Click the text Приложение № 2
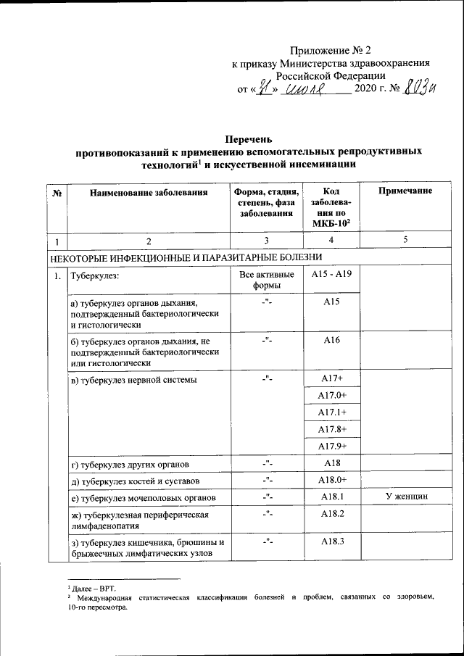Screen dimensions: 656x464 (330, 51)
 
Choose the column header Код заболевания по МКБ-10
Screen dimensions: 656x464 (330, 206)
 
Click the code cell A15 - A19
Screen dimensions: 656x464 (331, 275)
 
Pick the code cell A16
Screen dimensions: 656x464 (331, 339)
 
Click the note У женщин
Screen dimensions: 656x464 (405, 497)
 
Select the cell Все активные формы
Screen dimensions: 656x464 (266, 280)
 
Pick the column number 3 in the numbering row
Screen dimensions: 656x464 (266, 240)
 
